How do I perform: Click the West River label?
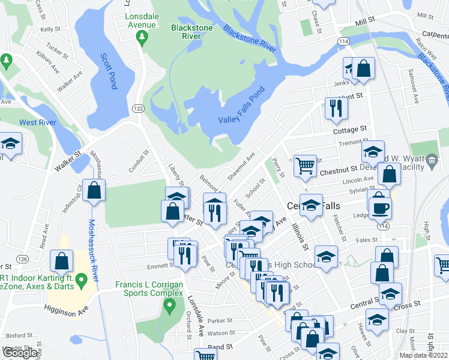[37, 122]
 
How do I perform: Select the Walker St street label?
[69, 161]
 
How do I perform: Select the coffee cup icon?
[379, 208]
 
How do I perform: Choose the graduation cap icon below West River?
[10, 144]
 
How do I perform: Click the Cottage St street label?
[349, 129]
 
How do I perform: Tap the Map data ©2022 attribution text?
[423, 355]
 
